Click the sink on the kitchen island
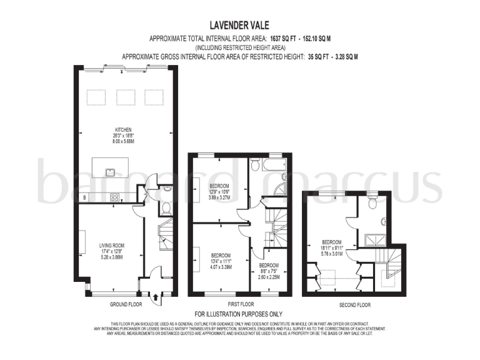tap(109, 171)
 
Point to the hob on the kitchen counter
tap(116, 197)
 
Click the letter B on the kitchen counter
tap(84, 198)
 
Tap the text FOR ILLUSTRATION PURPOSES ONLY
tap(239, 314)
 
